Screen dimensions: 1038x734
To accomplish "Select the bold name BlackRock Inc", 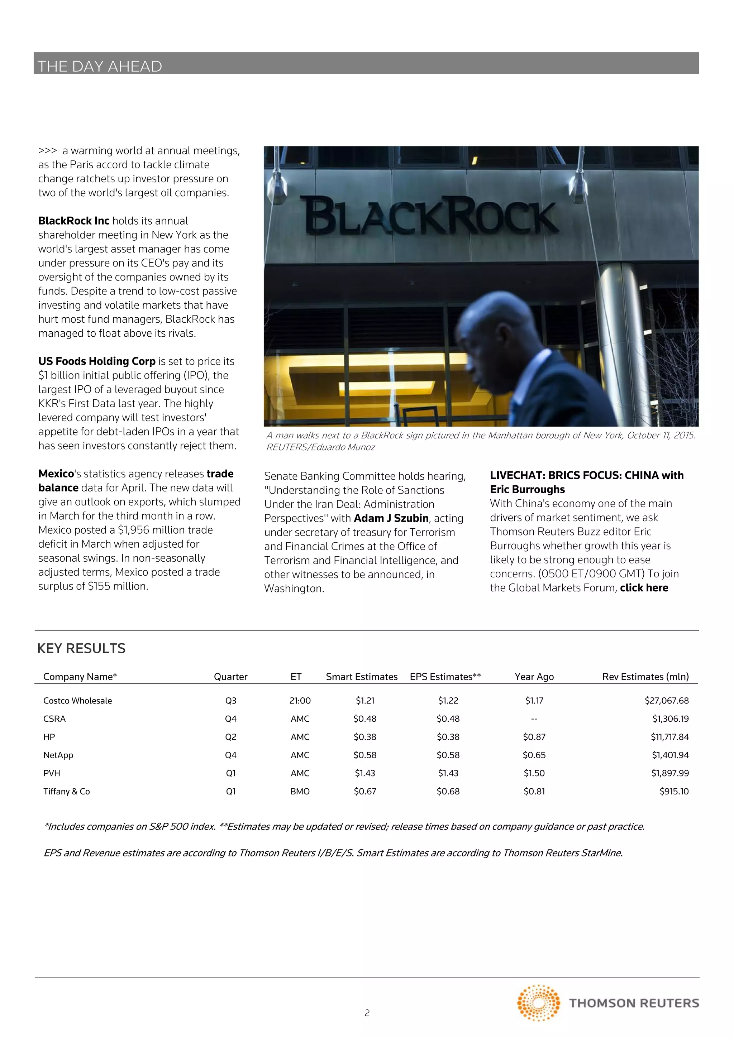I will coord(74,221).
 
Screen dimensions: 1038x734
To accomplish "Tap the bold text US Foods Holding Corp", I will coord(97,361).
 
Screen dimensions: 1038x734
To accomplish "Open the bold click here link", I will coord(644,588).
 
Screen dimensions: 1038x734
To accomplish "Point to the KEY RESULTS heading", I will coord(81,648).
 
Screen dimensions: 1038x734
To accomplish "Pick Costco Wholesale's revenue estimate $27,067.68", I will coord(666,701).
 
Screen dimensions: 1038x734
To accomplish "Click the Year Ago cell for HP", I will coord(534,737).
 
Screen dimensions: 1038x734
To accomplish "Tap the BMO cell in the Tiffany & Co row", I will coord(300,791).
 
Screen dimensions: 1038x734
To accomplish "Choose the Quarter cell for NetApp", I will coord(231,755).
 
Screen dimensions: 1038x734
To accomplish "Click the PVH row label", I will coord(52,773).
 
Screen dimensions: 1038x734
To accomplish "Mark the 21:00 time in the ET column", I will coord(300,701).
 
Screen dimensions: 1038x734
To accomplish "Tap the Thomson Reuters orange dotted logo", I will coord(539,1003).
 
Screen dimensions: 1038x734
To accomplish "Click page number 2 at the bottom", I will coord(367,1013).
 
